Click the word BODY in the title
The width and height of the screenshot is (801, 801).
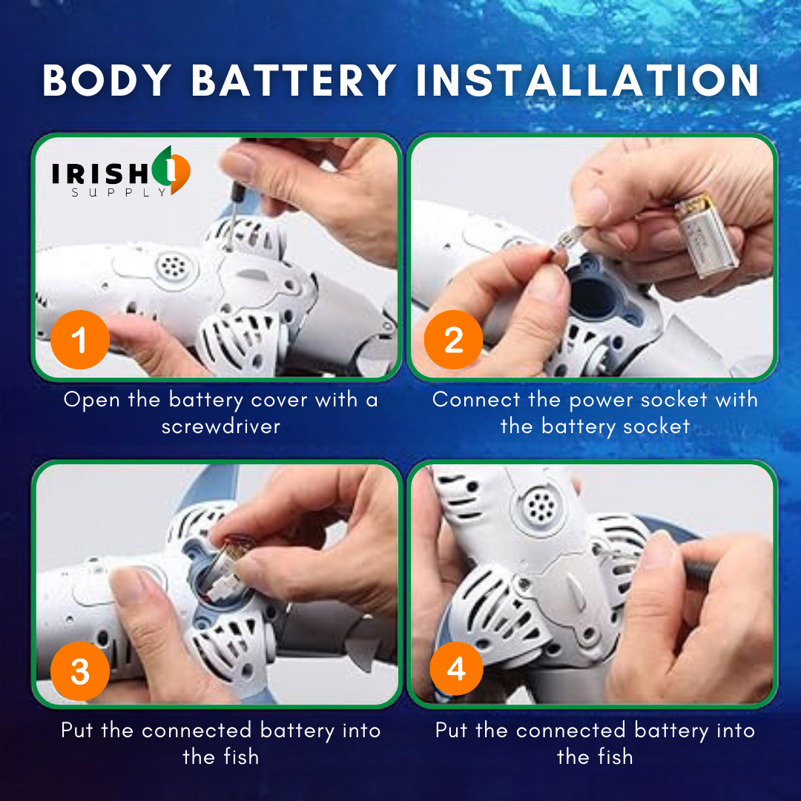(x=107, y=80)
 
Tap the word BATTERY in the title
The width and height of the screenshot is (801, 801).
(x=294, y=80)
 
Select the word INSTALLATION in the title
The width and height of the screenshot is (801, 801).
(x=588, y=80)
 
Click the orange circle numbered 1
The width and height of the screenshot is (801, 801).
(x=80, y=340)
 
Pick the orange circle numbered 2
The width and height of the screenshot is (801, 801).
(x=454, y=340)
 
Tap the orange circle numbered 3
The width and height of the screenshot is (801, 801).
(x=80, y=670)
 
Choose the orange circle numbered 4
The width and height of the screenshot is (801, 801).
(x=456, y=668)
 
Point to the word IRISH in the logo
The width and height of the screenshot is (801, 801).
(x=101, y=174)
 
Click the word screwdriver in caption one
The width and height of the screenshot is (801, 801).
(x=221, y=426)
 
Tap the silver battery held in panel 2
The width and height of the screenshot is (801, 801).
(x=706, y=236)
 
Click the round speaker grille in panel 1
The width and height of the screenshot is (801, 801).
(x=174, y=267)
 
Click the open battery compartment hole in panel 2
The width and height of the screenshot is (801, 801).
(x=593, y=296)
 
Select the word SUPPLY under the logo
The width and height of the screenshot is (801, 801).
(x=119, y=193)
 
